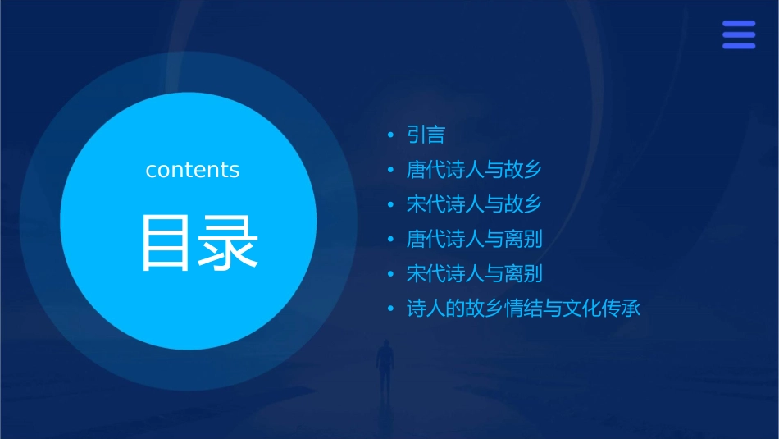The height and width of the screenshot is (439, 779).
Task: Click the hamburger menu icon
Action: (738, 34)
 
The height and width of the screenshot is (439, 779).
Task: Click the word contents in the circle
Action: (193, 170)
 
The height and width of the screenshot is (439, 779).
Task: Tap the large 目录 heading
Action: (200, 242)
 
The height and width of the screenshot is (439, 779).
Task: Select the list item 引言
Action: (426, 135)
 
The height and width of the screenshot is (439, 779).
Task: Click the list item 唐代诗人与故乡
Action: (474, 170)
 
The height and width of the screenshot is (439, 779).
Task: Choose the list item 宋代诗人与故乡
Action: (474, 204)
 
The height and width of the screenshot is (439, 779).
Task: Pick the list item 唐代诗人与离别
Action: (474, 240)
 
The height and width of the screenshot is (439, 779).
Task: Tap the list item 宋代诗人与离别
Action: (474, 274)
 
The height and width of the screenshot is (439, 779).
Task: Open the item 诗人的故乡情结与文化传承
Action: (522, 309)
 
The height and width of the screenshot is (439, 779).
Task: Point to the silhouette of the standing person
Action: (384, 366)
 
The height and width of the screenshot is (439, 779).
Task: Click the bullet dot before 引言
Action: (391, 135)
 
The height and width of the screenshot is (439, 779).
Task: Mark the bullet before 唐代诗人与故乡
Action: (391, 171)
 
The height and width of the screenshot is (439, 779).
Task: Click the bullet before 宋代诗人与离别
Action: (391, 275)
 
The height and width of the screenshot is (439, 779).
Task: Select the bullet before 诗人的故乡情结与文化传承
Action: (391, 310)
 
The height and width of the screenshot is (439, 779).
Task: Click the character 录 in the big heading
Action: (231, 242)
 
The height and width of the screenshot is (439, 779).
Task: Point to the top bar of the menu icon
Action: (738, 24)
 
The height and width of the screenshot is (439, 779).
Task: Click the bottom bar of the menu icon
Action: (738, 46)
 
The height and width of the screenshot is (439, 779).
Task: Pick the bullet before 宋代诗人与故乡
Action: (391, 205)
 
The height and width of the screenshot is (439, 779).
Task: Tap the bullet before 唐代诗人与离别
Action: (391, 240)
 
